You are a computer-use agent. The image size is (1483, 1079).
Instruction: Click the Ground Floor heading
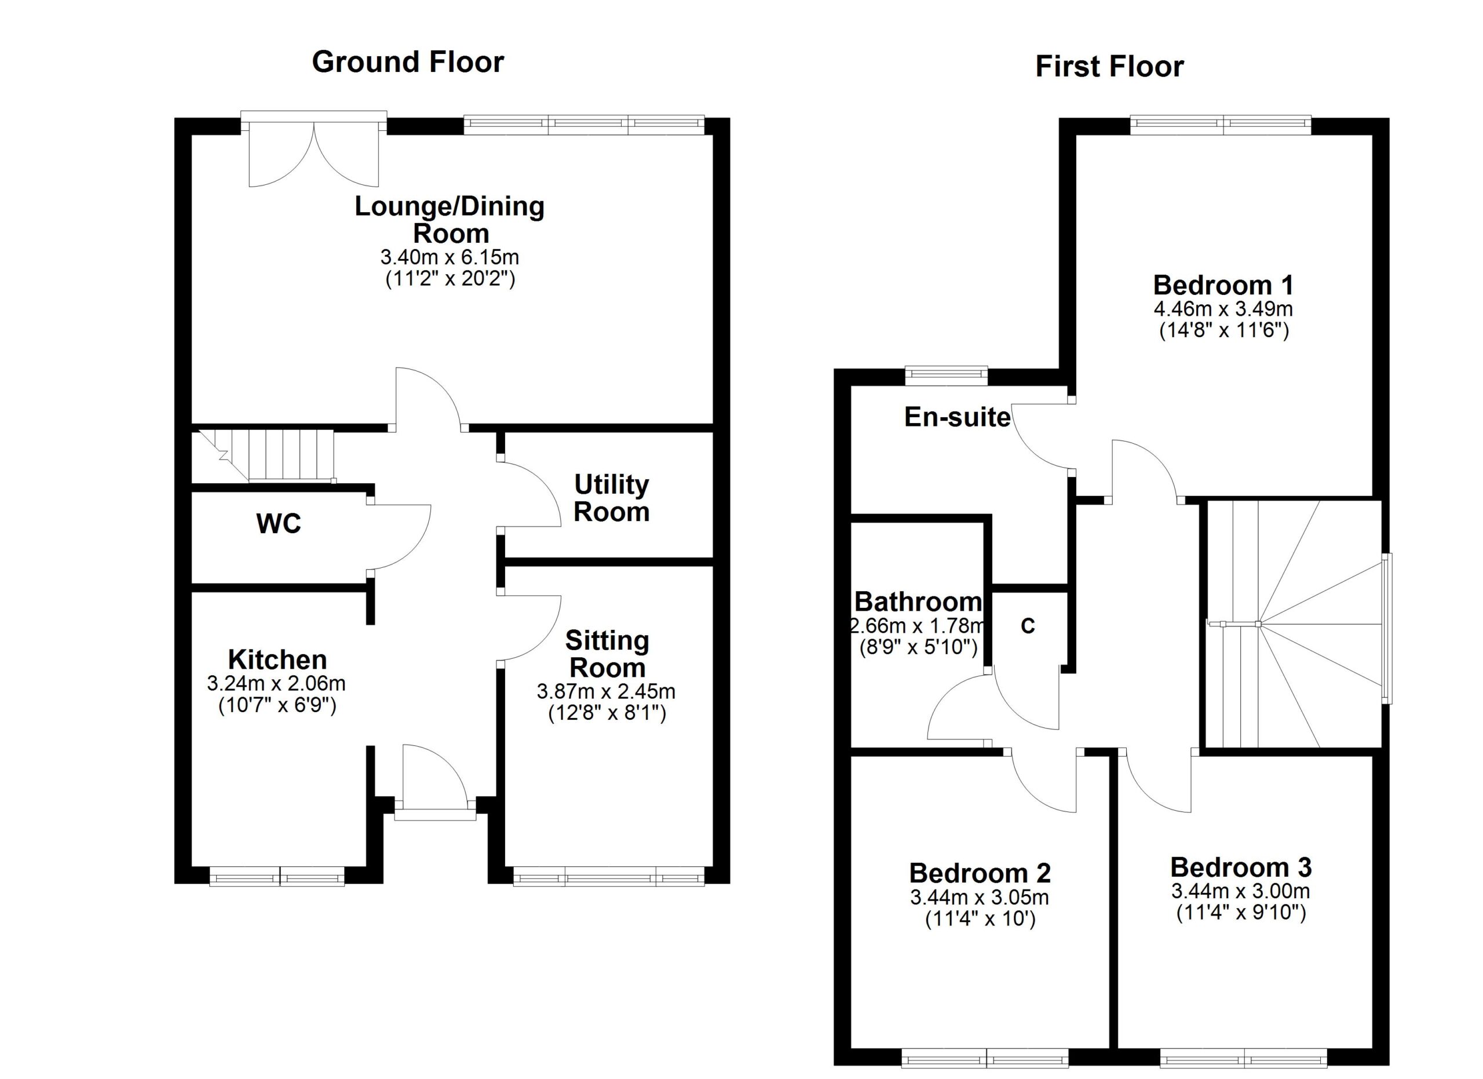click(x=407, y=63)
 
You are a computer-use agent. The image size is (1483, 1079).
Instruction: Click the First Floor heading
click(x=1109, y=67)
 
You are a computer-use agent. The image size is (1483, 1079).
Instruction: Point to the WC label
click(x=279, y=523)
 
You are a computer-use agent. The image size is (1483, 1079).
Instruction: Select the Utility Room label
click(x=611, y=498)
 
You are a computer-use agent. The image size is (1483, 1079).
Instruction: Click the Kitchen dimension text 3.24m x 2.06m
click(x=276, y=683)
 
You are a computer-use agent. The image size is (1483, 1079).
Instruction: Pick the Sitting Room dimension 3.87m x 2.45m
click(x=606, y=691)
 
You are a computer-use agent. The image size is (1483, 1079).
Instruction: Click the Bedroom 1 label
click(x=1223, y=285)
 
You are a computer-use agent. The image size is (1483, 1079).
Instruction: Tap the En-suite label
click(x=957, y=417)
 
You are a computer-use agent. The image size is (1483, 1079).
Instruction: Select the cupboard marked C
click(x=1028, y=626)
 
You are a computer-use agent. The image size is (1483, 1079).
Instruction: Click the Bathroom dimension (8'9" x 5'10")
click(x=918, y=647)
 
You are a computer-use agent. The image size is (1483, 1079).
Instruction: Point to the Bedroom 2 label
click(x=980, y=873)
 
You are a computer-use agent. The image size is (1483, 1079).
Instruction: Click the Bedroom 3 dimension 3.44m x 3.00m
click(x=1240, y=891)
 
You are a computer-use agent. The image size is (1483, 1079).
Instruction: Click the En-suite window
click(x=946, y=374)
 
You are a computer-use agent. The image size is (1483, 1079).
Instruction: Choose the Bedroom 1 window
click(x=1221, y=125)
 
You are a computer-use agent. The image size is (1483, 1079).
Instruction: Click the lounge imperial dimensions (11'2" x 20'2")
click(x=450, y=279)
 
